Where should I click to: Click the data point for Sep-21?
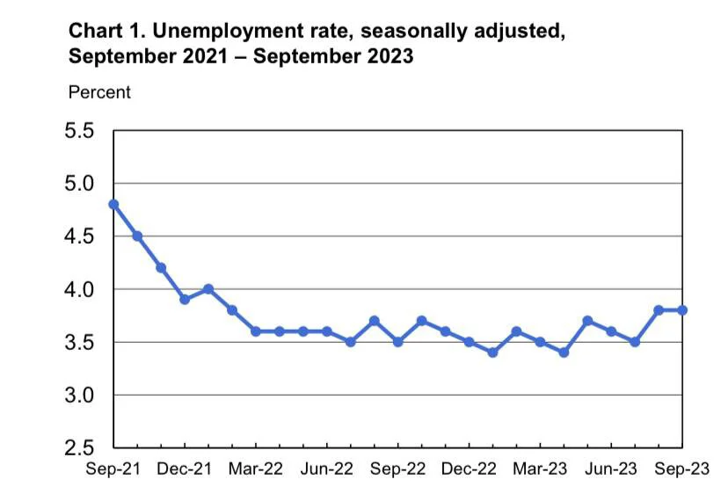pyautogui.click(x=113, y=204)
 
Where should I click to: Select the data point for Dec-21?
pyautogui.click(x=185, y=300)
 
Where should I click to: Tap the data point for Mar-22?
pyautogui.click(x=256, y=331)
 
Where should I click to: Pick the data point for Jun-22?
pyautogui.click(x=327, y=331)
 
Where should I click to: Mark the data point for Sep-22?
pyautogui.click(x=398, y=342)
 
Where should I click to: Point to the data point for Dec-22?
pyautogui.click(x=469, y=342)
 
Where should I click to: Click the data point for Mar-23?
pyautogui.click(x=540, y=342)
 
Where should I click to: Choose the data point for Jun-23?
pyautogui.click(x=611, y=331)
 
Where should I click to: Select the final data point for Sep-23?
pyautogui.click(x=682, y=310)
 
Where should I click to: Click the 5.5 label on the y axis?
pyautogui.click(x=79, y=130)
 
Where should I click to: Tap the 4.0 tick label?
pyautogui.click(x=79, y=289)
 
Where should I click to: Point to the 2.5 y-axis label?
pyautogui.click(x=79, y=448)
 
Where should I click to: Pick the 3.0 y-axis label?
pyautogui.click(x=79, y=395)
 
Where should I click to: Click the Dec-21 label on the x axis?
pyautogui.click(x=185, y=469)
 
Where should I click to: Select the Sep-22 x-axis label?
pyautogui.click(x=397, y=469)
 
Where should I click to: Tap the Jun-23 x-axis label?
pyautogui.click(x=610, y=469)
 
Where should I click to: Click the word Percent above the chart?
pyautogui.click(x=99, y=92)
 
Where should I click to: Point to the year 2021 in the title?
pyautogui.click(x=205, y=56)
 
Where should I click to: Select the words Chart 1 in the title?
pyautogui.click(x=106, y=31)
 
